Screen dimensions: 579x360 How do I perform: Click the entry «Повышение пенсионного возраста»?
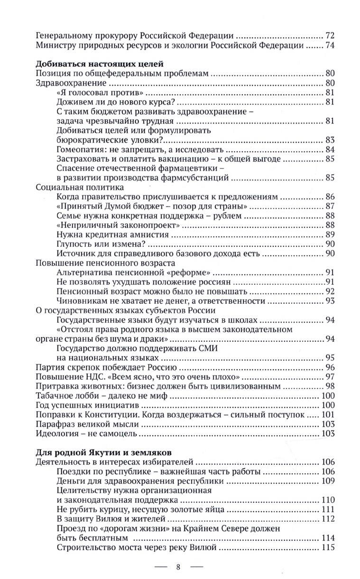click(106, 263)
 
